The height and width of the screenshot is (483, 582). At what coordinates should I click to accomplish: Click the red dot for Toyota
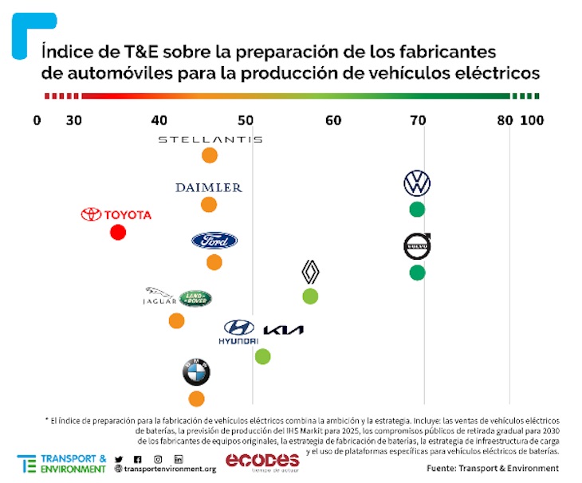click(x=118, y=232)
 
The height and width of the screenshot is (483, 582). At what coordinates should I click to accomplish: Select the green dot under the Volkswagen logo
click(x=417, y=210)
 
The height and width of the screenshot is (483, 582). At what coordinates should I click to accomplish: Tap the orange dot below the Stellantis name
click(x=210, y=155)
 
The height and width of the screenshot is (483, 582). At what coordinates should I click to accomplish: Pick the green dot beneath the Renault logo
click(x=310, y=296)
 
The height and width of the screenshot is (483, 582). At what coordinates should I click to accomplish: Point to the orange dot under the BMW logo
click(x=196, y=399)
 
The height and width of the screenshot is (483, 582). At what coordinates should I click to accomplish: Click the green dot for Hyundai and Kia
click(x=262, y=356)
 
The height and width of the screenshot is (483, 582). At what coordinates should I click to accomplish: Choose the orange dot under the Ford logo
click(x=214, y=262)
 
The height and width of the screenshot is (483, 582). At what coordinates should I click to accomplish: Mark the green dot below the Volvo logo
click(x=417, y=273)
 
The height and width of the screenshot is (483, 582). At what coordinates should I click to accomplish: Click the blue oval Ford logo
click(x=214, y=241)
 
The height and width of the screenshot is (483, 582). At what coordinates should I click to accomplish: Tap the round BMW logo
click(x=196, y=372)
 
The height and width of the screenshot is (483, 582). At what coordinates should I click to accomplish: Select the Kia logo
click(x=283, y=330)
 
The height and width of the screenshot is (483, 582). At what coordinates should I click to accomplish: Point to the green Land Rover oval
click(x=195, y=299)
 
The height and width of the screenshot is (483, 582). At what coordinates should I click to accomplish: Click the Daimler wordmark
click(x=209, y=188)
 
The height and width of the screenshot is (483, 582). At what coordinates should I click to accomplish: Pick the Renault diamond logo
click(x=310, y=273)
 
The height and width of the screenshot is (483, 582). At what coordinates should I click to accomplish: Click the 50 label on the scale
click(x=252, y=120)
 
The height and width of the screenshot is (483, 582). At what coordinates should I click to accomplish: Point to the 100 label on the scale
click(x=531, y=120)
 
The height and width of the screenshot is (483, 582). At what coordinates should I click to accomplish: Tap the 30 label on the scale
click(x=73, y=120)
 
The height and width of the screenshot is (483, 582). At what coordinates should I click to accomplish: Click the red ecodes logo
click(x=262, y=461)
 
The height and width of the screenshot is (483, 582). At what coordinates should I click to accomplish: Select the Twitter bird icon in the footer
click(x=120, y=459)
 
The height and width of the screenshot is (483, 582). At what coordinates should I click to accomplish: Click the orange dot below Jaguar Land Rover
click(x=177, y=321)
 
